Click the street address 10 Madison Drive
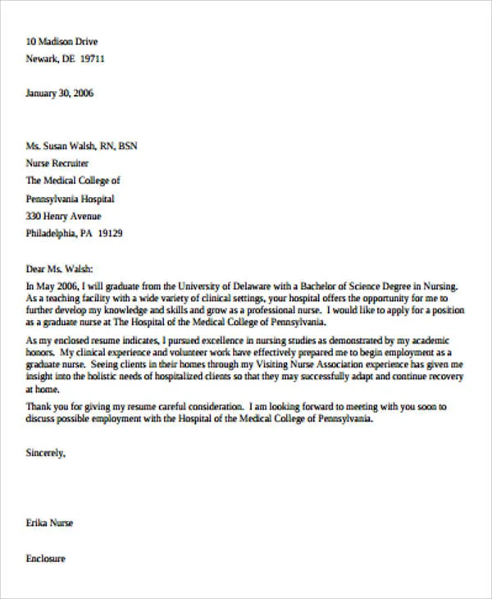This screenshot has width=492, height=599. click(61, 42)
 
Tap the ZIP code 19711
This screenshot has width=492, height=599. click(90, 60)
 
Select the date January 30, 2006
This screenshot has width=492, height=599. click(60, 94)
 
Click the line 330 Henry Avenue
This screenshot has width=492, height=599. click(64, 216)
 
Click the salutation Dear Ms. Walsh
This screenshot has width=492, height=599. click(60, 267)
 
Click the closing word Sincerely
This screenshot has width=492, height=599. click(46, 452)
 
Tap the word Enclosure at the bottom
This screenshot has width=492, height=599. click(46, 559)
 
